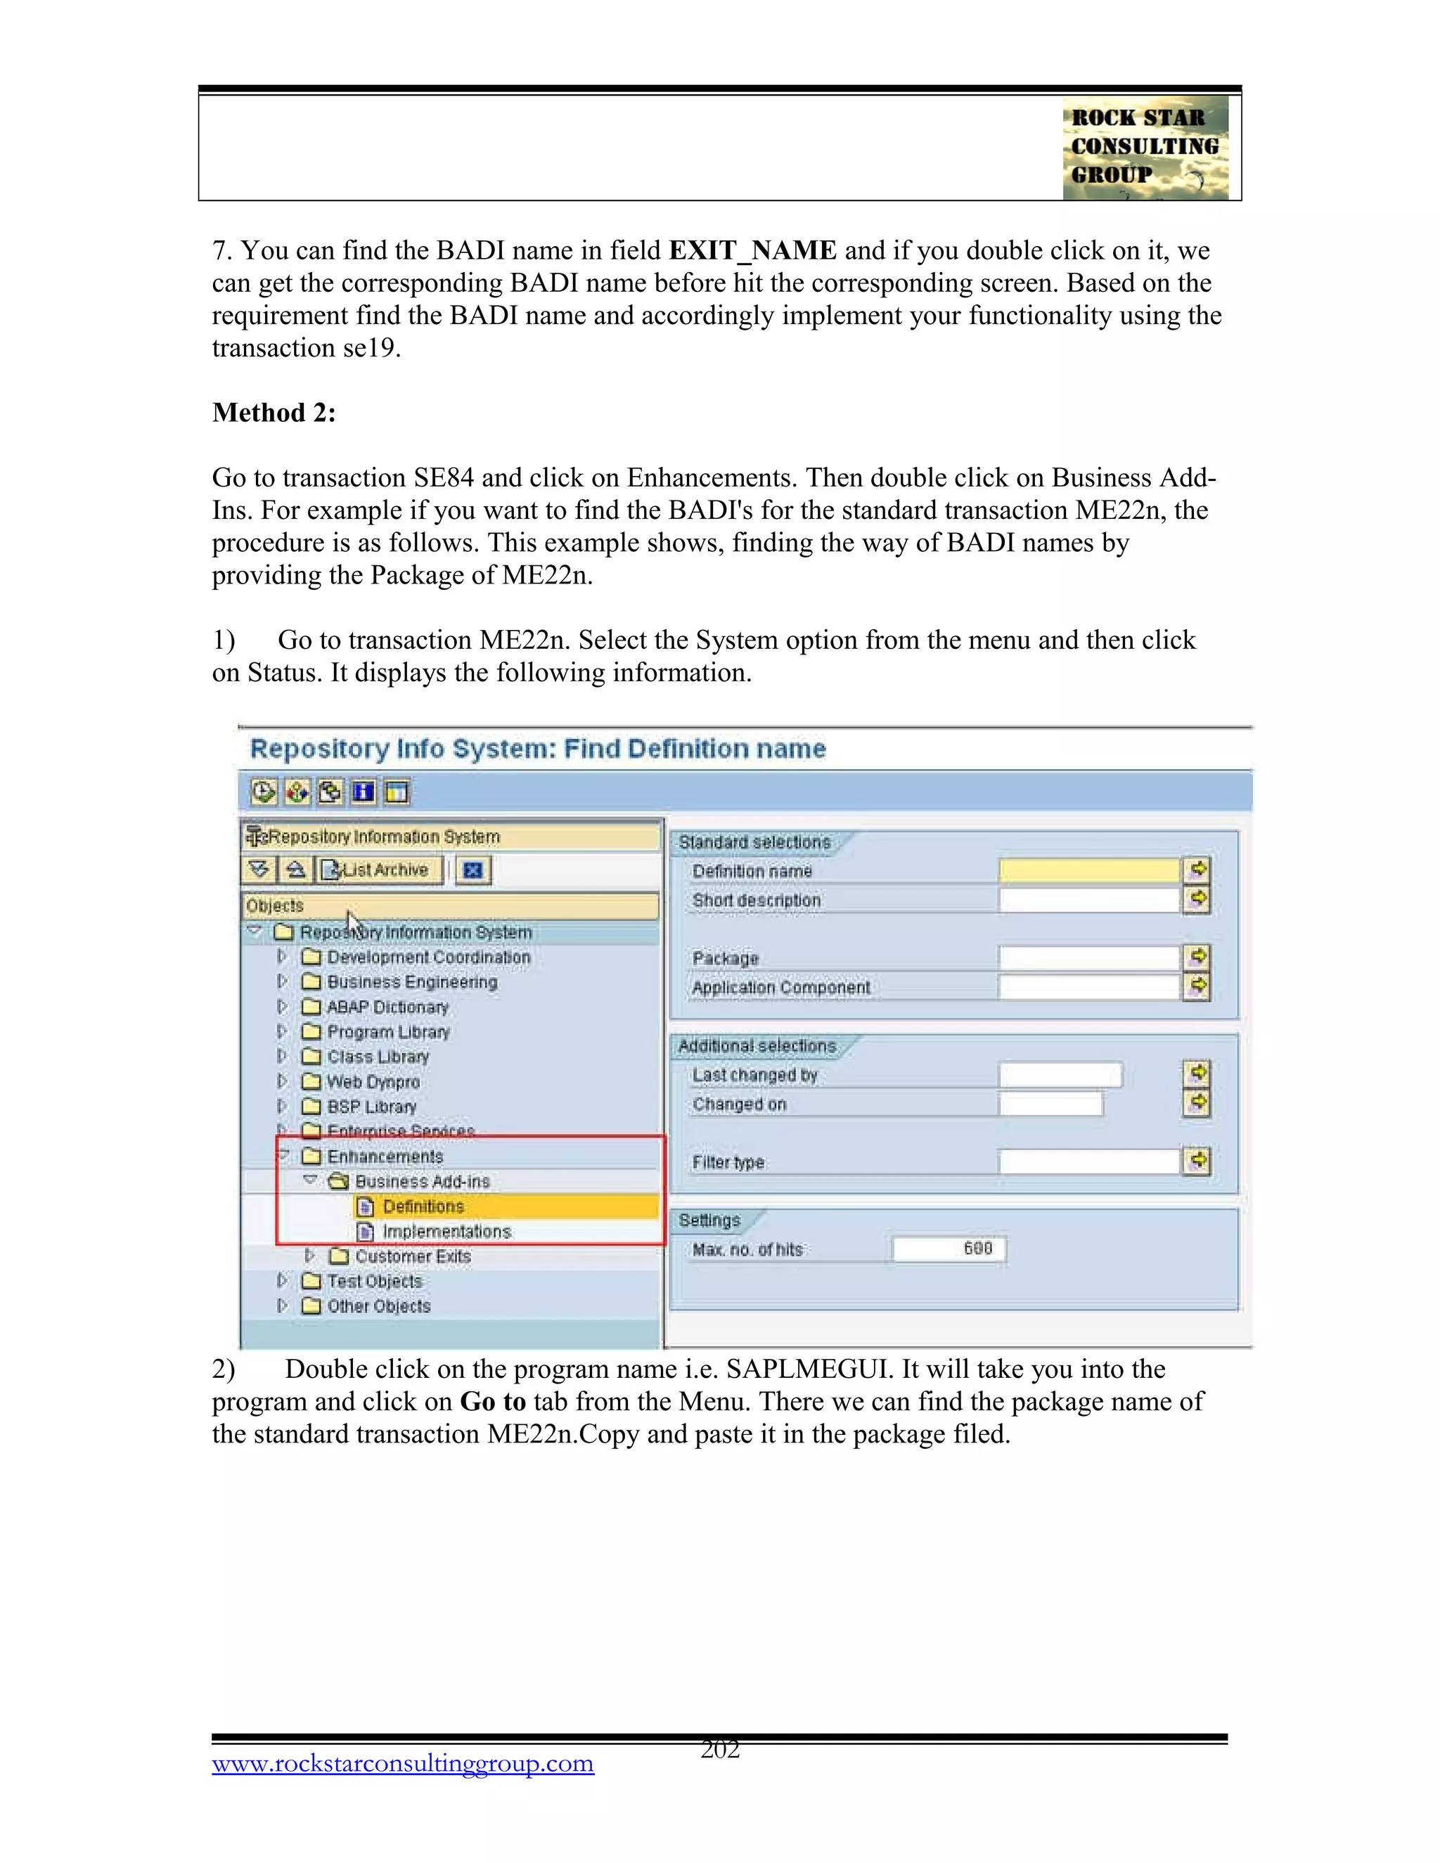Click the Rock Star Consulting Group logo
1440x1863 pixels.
click(x=1145, y=148)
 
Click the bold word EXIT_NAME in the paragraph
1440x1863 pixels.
click(x=752, y=251)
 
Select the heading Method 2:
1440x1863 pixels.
click(x=274, y=413)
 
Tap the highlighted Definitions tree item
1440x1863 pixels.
click(x=423, y=1206)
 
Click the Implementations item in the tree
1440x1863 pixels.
click(x=446, y=1231)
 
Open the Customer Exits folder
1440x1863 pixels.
click(x=412, y=1256)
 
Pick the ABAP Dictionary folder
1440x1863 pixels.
click(x=387, y=1007)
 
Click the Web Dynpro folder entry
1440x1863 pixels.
click(x=373, y=1082)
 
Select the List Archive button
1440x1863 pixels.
click(x=380, y=870)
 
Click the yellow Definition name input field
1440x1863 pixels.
click(x=1088, y=870)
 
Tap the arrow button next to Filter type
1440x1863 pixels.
click(x=1197, y=1161)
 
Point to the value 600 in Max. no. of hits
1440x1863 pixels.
click(x=977, y=1249)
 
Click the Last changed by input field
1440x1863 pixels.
click(x=1060, y=1075)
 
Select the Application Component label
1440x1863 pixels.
click(x=780, y=988)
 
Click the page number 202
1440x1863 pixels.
click(x=719, y=1750)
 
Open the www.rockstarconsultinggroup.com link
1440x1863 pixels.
click(x=403, y=1763)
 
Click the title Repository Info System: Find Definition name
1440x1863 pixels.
click(x=537, y=749)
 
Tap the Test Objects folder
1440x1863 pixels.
click(x=375, y=1281)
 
